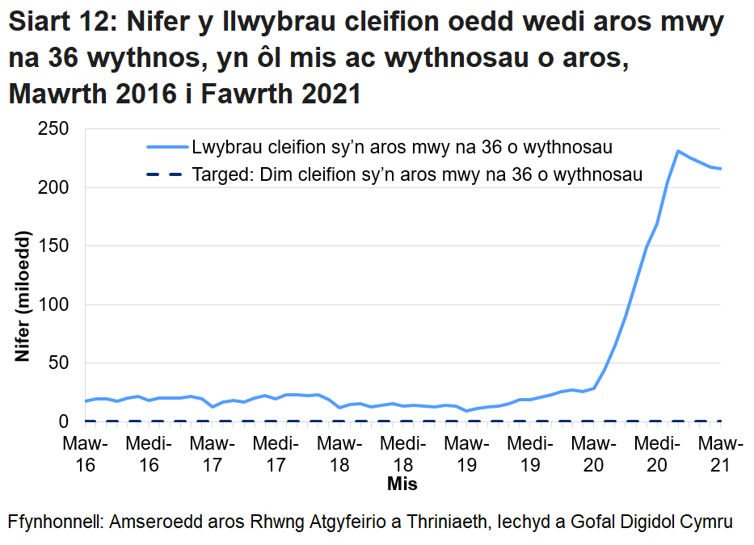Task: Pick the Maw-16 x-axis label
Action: (x=85, y=454)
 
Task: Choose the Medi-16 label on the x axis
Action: (x=149, y=454)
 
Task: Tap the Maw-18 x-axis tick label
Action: (x=339, y=454)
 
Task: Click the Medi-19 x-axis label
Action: (x=530, y=454)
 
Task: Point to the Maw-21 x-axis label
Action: (x=720, y=454)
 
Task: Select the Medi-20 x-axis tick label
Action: (x=657, y=454)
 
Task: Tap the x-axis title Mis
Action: (x=402, y=484)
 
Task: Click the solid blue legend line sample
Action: (x=166, y=148)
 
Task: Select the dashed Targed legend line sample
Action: (x=166, y=174)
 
